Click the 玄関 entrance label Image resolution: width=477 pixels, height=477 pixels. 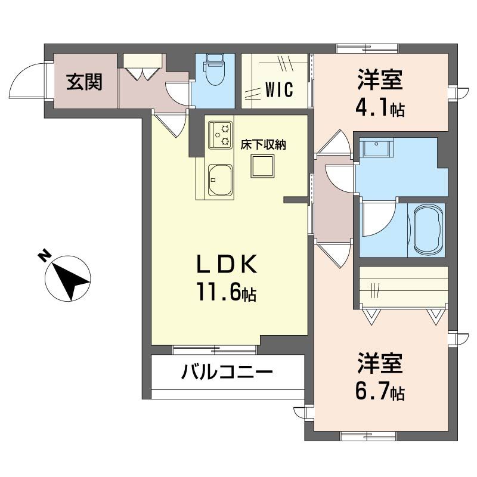click(x=84, y=82)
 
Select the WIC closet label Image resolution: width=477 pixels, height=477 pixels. click(x=278, y=90)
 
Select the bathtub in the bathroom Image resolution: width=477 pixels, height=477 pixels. click(x=427, y=230)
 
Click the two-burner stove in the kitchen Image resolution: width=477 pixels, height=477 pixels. click(x=220, y=135)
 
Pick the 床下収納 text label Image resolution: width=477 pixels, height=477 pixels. click(x=263, y=145)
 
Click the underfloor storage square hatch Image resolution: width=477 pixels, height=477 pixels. click(x=262, y=166)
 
